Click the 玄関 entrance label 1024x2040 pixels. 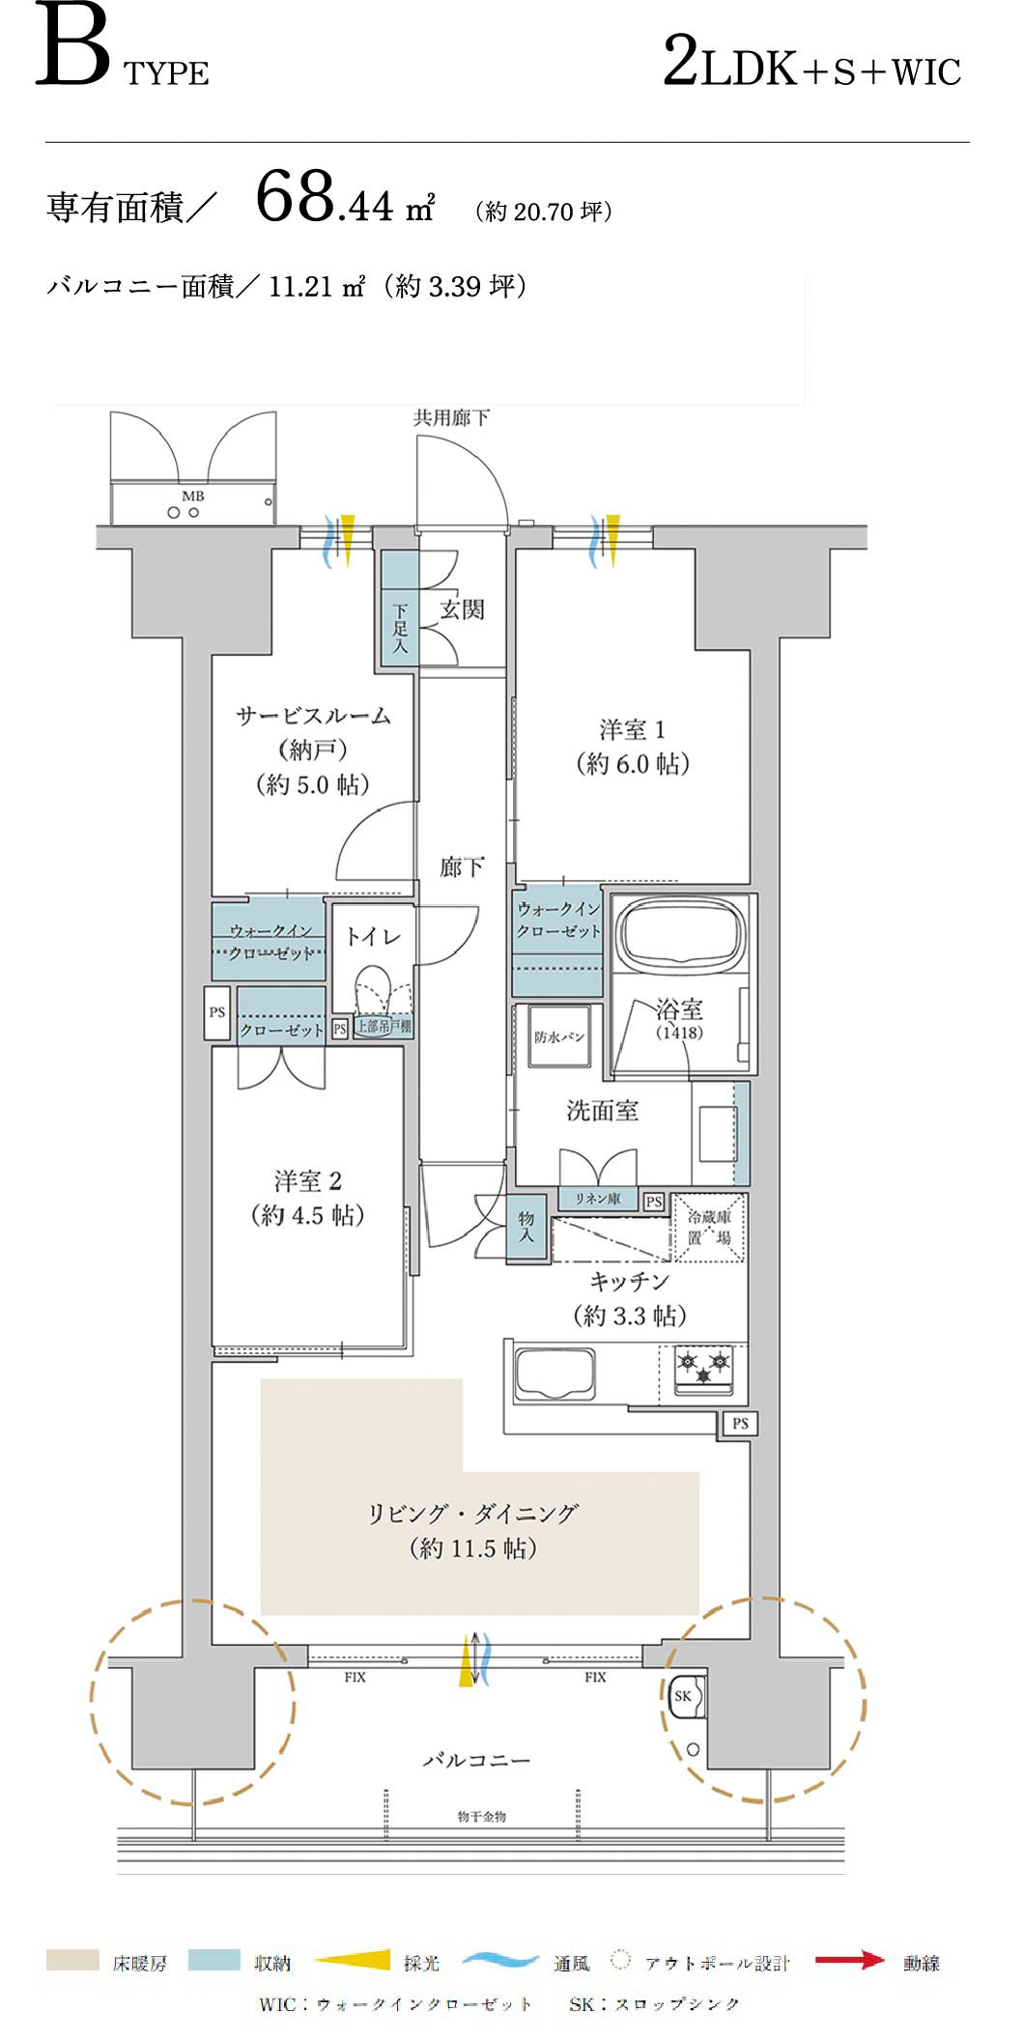click(x=462, y=609)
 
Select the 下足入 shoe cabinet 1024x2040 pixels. click(x=399, y=628)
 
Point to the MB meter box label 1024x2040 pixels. click(x=193, y=496)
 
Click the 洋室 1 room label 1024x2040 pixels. click(x=632, y=730)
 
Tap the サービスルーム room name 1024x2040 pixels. click(x=313, y=716)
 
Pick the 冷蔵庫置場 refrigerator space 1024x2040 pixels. click(x=709, y=1228)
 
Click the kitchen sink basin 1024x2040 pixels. click(x=555, y=1373)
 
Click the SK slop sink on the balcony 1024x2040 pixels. click(x=684, y=1697)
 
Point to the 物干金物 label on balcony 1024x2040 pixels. click(x=481, y=1817)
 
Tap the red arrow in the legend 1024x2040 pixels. click(x=849, y=1960)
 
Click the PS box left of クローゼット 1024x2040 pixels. click(x=217, y=1012)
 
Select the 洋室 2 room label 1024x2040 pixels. click(x=307, y=1181)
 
